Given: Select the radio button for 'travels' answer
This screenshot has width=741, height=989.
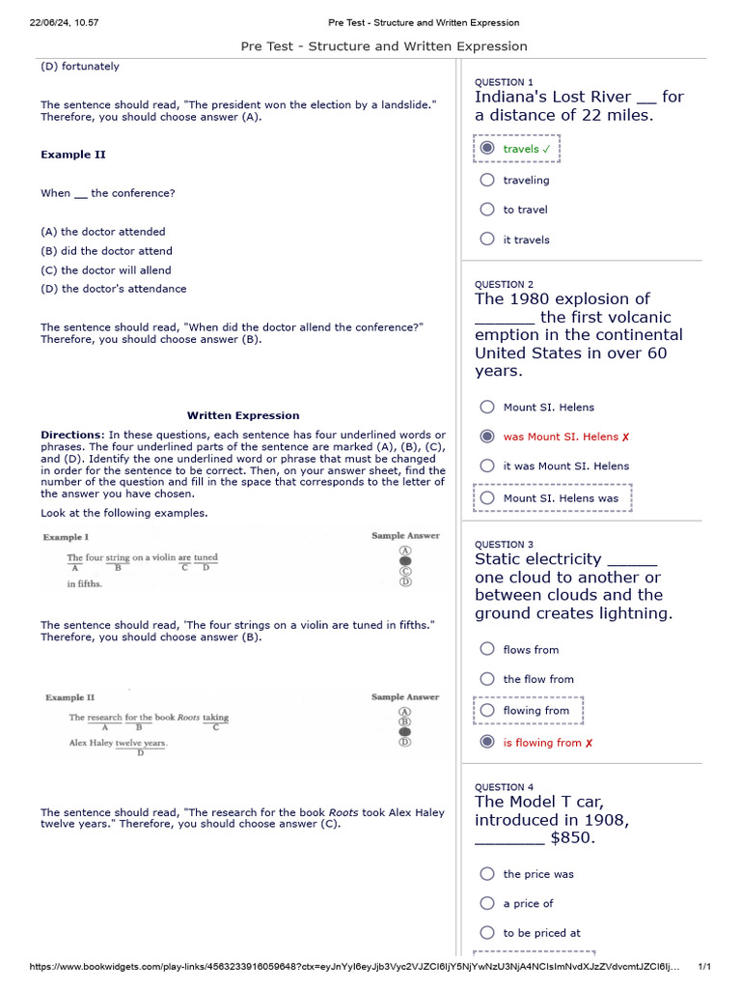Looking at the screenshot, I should tap(487, 149).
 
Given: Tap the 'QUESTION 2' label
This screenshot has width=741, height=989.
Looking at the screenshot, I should tap(504, 285).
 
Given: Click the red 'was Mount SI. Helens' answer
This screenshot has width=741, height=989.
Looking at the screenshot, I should tap(560, 437).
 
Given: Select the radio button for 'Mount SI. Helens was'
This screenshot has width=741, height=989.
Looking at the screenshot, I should tap(487, 498).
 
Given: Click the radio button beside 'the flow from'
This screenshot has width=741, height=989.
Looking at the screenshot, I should tap(487, 679).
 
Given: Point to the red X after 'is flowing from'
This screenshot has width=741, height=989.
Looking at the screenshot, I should tap(589, 743).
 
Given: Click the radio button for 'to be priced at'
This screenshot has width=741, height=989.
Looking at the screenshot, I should tap(487, 933).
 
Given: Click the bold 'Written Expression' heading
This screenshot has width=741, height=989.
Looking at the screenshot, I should tap(243, 415).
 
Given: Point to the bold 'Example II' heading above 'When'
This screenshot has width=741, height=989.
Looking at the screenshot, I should tap(73, 155).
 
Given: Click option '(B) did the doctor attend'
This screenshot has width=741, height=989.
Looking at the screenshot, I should tap(106, 251).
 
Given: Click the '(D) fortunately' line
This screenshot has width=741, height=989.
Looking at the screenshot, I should tap(80, 67).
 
